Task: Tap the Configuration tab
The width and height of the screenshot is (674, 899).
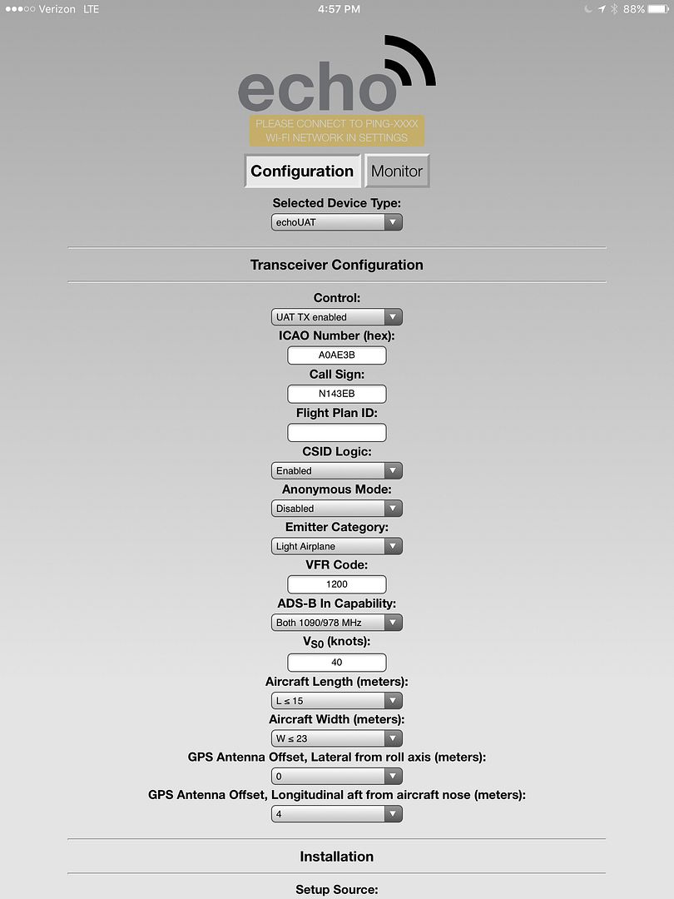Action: click(x=302, y=171)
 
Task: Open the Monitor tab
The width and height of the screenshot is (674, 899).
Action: click(x=397, y=171)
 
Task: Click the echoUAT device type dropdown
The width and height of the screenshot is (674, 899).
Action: click(x=337, y=223)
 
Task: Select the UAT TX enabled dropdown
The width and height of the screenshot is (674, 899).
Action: click(x=337, y=317)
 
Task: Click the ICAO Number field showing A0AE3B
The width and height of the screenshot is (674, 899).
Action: click(x=337, y=355)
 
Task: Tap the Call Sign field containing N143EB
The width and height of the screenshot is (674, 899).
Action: click(x=337, y=394)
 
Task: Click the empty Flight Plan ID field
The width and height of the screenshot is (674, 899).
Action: click(x=337, y=432)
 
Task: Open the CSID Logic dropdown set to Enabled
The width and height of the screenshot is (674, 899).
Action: click(x=337, y=470)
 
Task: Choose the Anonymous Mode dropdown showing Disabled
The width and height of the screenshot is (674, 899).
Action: click(x=337, y=509)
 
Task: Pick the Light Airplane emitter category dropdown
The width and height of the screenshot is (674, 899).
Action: click(x=337, y=547)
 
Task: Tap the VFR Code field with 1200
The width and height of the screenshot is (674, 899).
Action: click(x=337, y=584)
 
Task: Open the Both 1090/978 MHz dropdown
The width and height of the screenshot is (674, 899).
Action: click(x=337, y=623)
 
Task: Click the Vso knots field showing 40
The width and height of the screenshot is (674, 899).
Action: click(x=337, y=663)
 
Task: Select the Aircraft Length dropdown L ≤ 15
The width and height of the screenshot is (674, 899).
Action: click(x=337, y=701)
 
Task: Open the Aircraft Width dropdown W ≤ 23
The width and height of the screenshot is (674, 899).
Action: click(x=337, y=738)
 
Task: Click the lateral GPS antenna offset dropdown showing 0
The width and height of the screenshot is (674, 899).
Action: click(x=337, y=777)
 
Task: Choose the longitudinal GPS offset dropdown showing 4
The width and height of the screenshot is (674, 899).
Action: click(x=337, y=814)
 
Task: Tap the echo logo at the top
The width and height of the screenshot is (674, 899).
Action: click(x=335, y=79)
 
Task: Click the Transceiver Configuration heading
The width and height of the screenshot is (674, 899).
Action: click(x=337, y=265)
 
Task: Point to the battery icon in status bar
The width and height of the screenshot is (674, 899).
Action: click(x=659, y=9)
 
